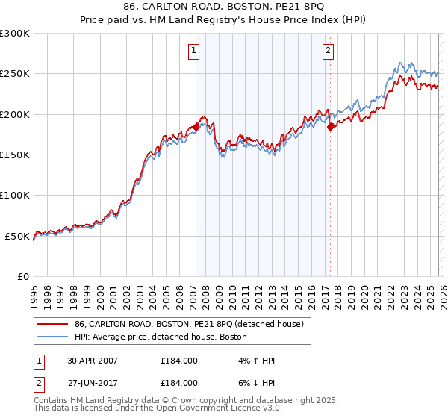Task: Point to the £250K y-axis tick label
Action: (x=15, y=74)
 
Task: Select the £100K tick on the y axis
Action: (x=15, y=195)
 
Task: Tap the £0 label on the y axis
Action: (x=22, y=276)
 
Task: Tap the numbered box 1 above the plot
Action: (x=193, y=51)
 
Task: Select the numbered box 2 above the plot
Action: (x=328, y=51)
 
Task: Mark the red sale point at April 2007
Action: (x=196, y=127)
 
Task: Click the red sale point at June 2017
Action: (x=330, y=127)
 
